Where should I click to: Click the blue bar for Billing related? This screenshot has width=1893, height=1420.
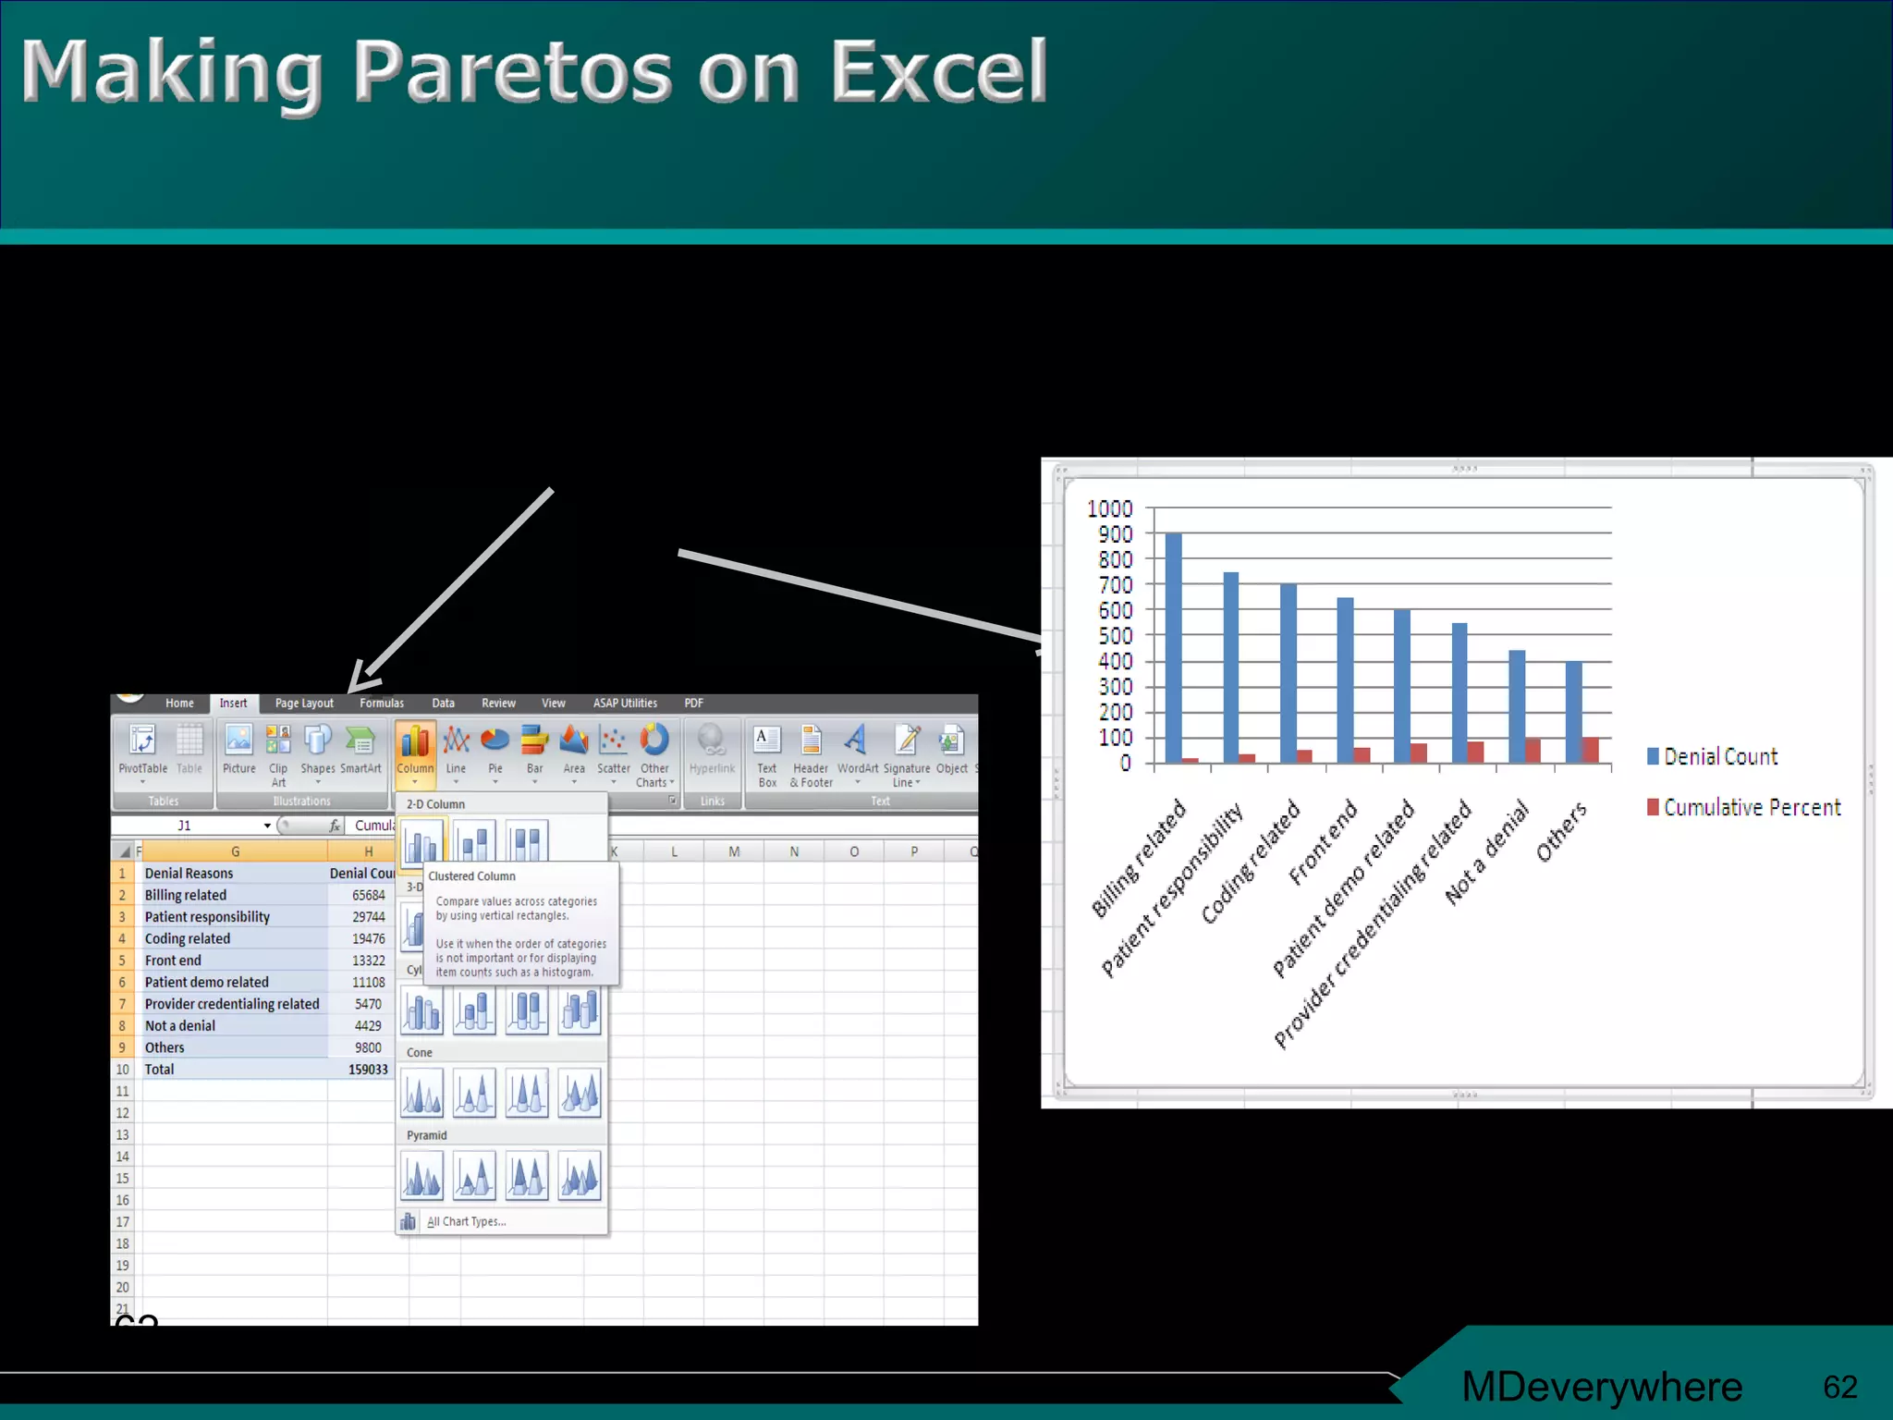coord(1173,647)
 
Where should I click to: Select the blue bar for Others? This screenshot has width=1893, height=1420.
coord(1573,712)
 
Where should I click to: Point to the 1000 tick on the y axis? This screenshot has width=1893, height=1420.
coord(1109,508)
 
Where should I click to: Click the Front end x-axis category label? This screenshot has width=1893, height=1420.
coord(1323,841)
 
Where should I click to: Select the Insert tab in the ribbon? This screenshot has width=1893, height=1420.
coord(233,704)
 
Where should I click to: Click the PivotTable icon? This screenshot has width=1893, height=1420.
coord(142,750)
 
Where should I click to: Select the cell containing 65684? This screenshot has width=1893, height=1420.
coord(368,895)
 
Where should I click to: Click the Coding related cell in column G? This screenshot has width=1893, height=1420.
coord(188,938)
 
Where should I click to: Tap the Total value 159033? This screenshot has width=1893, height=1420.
coord(368,1070)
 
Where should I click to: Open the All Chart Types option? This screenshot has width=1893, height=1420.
coord(466,1221)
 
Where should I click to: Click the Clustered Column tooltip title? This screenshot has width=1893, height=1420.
coord(471,876)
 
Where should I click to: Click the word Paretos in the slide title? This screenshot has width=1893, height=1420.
coord(513,72)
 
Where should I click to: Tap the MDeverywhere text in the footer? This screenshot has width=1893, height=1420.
coord(1602,1387)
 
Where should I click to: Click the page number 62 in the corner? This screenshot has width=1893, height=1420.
coord(1839,1387)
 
